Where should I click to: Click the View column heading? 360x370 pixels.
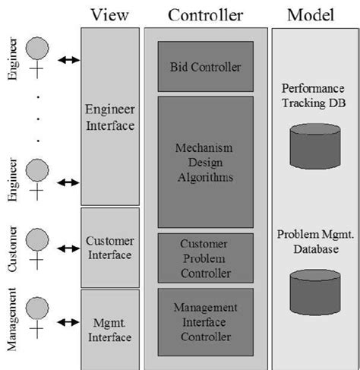pyautogui.click(x=110, y=14)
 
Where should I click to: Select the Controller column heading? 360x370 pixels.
pyautogui.click(x=206, y=14)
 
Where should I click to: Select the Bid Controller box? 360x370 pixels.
pyautogui.click(x=206, y=67)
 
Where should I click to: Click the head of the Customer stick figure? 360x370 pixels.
pyautogui.click(x=35, y=239)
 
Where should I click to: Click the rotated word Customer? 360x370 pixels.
pyautogui.click(x=12, y=247)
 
